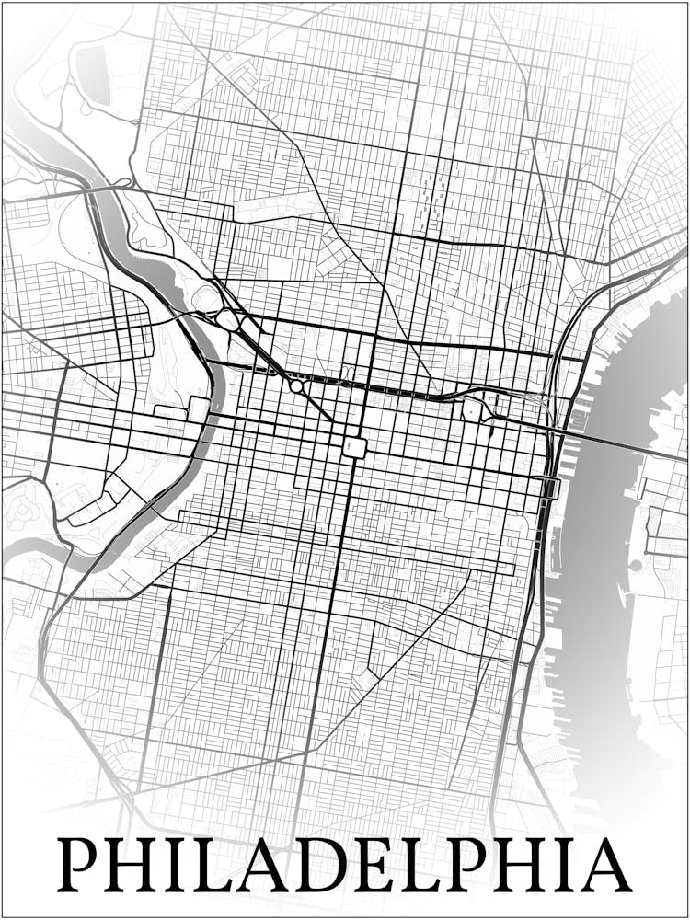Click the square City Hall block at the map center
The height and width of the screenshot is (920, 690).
pyautogui.click(x=354, y=447)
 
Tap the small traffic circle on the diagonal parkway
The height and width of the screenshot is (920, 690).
pyautogui.click(x=296, y=387)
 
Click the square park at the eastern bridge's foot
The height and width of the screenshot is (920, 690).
pyautogui.click(x=474, y=409)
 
